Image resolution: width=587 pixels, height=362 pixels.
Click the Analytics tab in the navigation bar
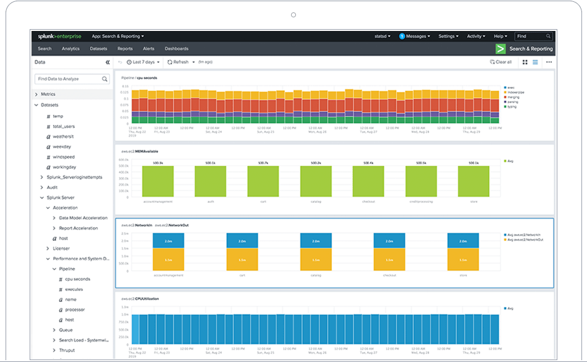(x=70, y=48)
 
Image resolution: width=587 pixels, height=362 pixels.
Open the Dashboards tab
(x=176, y=48)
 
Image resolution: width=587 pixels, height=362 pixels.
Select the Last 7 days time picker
(x=143, y=62)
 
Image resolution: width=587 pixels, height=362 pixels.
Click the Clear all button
(x=500, y=62)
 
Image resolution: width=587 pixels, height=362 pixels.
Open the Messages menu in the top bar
(x=415, y=37)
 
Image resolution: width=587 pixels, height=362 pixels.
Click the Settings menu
(x=448, y=37)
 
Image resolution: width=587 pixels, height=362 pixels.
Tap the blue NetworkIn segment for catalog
(x=316, y=241)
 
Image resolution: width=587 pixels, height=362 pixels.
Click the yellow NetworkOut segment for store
(x=463, y=261)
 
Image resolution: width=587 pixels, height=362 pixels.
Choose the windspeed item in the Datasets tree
(x=64, y=157)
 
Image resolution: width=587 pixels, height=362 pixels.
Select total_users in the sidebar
(x=64, y=126)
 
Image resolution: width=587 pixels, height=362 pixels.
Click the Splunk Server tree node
(x=61, y=197)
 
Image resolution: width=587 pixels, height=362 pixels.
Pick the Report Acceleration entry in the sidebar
(x=78, y=228)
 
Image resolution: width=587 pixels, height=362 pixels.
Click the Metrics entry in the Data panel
(x=48, y=94)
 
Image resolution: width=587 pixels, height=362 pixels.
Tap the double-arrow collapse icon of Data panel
(x=108, y=62)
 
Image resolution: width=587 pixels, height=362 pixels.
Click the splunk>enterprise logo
(x=59, y=37)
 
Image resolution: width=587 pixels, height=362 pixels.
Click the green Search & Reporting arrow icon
(x=500, y=49)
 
